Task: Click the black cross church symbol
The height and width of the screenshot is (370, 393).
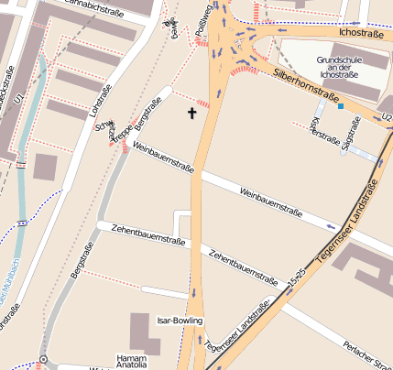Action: click(x=192, y=114)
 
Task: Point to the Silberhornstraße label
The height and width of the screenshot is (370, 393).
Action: click(x=307, y=85)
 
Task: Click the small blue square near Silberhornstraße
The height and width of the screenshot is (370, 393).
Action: click(x=341, y=106)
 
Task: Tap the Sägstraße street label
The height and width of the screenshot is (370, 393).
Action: click(x=349, y=139)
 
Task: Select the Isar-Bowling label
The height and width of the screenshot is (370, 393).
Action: click(x=180, y=321)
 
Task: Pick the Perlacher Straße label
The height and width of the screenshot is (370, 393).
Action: click(x=366, y=354)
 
